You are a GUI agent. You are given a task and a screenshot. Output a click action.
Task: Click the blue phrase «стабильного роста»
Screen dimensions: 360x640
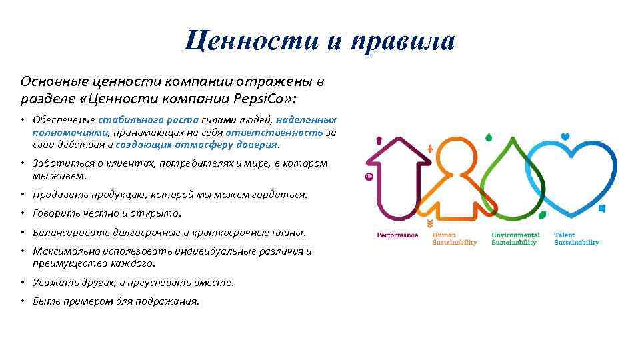(x=148, y=121)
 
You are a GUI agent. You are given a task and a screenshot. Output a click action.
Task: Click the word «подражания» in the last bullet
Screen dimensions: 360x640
(x=171, y=301)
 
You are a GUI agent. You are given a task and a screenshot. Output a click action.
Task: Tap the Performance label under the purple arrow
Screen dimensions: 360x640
(x=397, y=235)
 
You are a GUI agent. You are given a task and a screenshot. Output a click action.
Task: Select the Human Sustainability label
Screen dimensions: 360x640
(x=455, y=239)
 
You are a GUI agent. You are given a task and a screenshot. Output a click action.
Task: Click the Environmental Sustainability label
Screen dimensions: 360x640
(x=515, y=239)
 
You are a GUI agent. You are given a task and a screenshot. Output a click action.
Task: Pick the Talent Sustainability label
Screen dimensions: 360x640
(x=576, y=239)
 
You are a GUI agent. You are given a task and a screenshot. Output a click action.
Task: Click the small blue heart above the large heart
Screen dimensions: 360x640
(x=565, y=137)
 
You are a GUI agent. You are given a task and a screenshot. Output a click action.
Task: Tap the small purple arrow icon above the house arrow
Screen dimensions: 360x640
(x=379, y=140)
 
